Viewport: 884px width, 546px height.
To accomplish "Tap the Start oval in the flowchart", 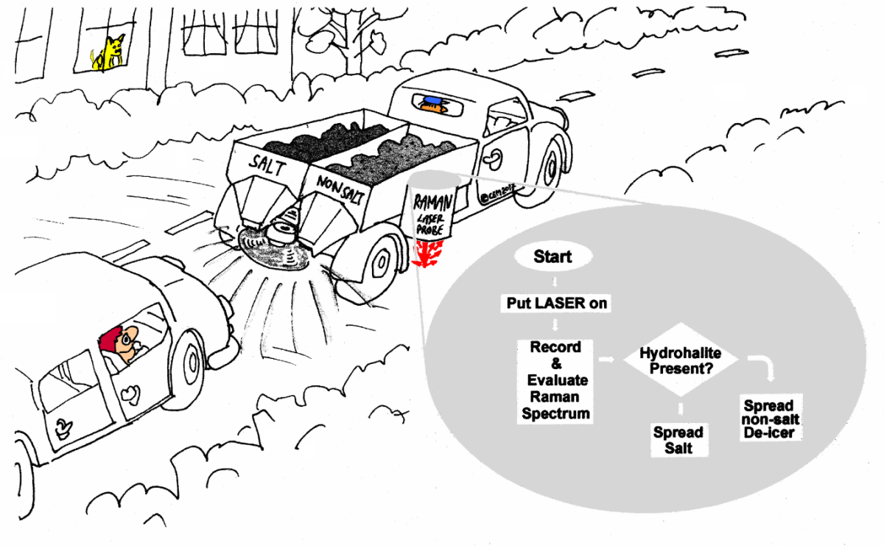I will pyautogui.click(x=552, y=257).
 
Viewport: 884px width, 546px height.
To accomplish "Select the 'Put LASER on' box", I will pyautogui.click(x=556, y=303).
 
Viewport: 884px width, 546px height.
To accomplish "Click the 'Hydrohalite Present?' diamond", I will pyautogui.click(x=680, y=360).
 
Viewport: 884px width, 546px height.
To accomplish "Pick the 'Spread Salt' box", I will pyautogui.click(x=678, y=440).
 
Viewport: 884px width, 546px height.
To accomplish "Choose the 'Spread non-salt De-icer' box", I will pyautogui.click(x=768, y=419).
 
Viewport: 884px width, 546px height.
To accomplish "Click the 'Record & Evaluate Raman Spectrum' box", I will pyautogui.click(x=555, y=379).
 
